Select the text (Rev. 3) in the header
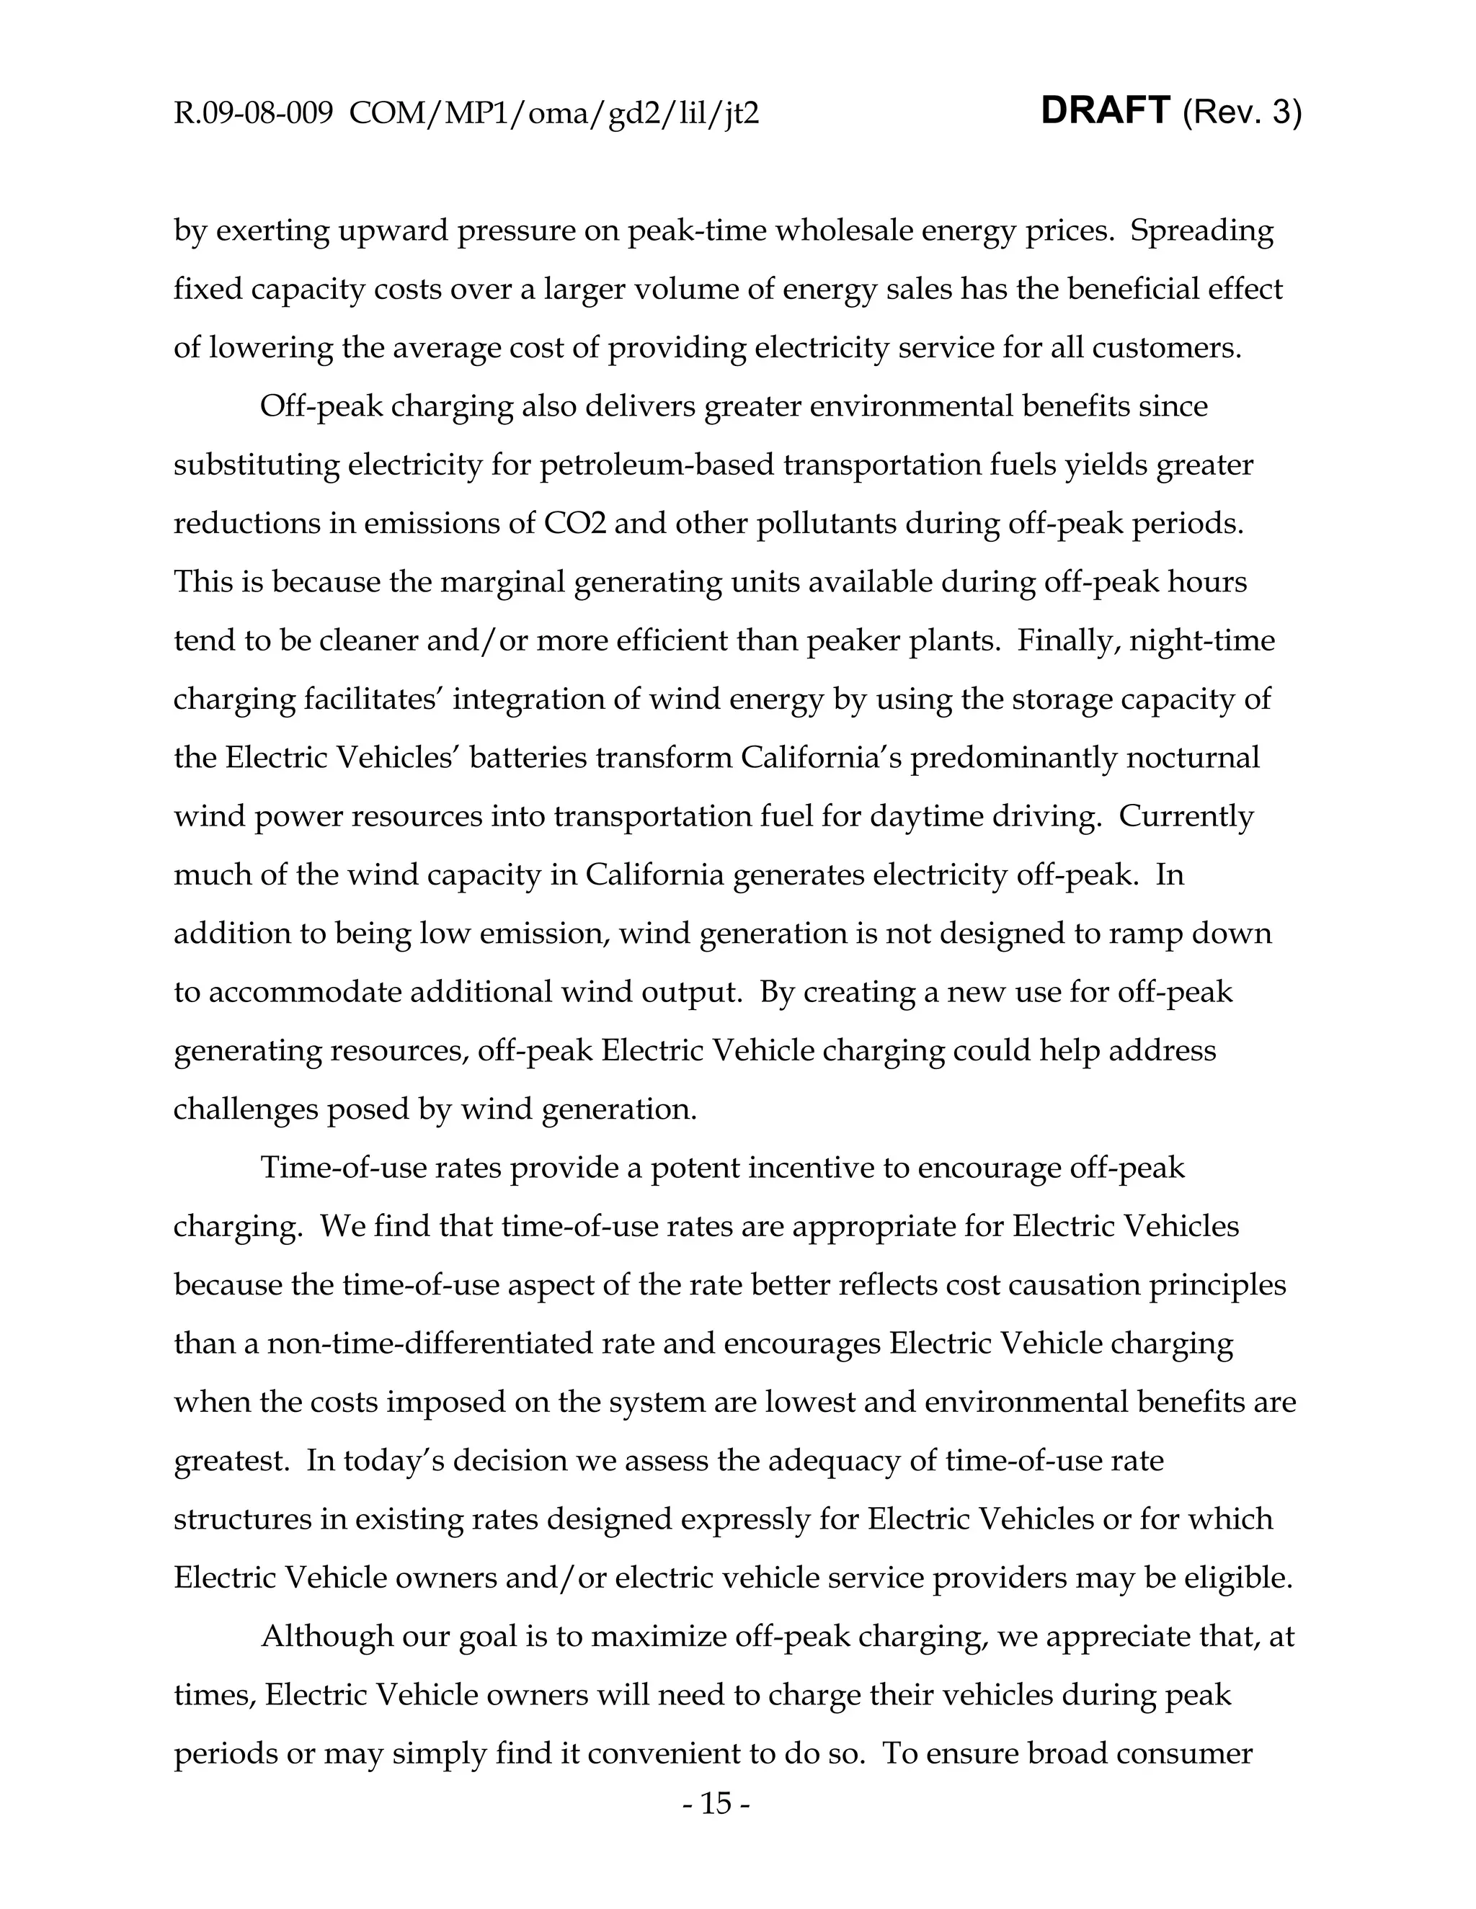tap(1242, 113)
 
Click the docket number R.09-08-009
tap(253, 114)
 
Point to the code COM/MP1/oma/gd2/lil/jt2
tap(553, 114)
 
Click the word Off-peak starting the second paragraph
tap(321, 406)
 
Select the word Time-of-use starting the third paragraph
tap(337, 1167)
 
